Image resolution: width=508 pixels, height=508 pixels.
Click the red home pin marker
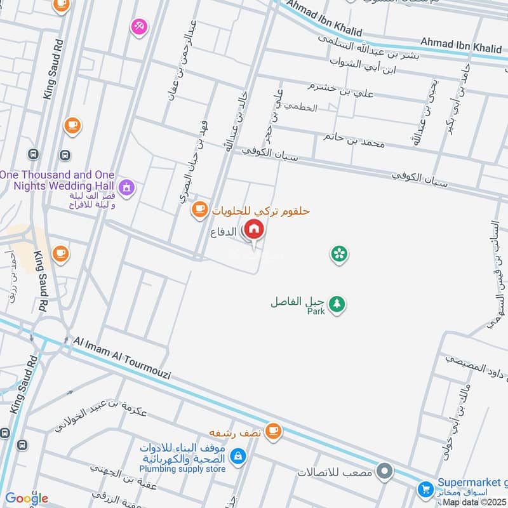[254, 231]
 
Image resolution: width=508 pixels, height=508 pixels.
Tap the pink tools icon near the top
[138, 27]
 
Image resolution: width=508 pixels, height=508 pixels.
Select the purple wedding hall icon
[127, 187]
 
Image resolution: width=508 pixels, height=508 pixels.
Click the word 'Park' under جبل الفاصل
[316, 312]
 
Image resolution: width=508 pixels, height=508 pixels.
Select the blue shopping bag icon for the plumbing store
[237, 455]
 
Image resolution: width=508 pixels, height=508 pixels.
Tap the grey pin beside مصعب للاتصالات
[384, 472]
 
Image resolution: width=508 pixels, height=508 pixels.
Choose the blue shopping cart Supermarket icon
[425, 489]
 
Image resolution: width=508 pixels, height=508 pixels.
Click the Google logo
[26, 498]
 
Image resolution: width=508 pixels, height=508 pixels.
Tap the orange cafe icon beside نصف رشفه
[273, 431]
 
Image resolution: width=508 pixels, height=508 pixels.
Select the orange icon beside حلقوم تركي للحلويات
[199, 208]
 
